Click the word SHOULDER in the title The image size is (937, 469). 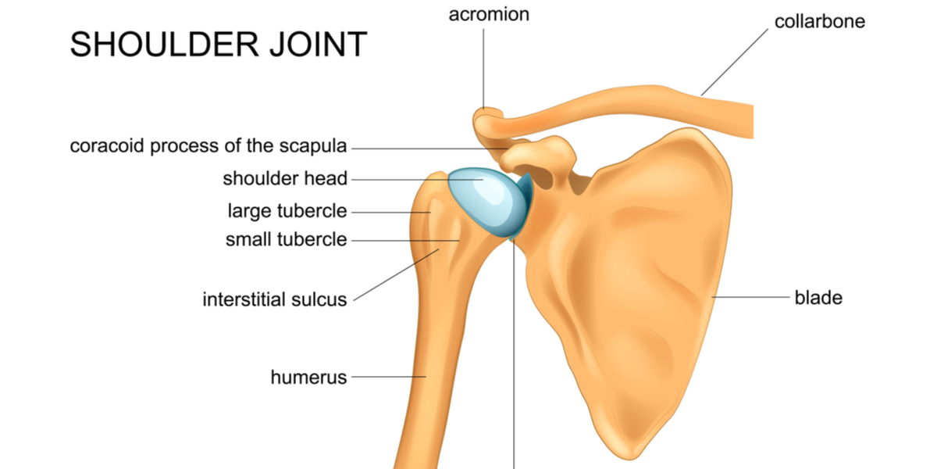coord(165,44)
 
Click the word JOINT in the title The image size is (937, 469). coord(319,44)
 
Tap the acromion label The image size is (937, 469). coord(489,15)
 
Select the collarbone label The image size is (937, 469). coord(820,21)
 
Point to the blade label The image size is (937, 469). coord(818,298)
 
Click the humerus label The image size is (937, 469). coord(308,378)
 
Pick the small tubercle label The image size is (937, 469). coord(286,239)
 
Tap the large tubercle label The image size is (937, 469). coord(287,210)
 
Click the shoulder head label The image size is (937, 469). coord(285,178)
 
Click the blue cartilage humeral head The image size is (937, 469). coord(487,201)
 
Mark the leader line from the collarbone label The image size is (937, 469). coord(735,62)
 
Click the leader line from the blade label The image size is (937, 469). coord(751,297)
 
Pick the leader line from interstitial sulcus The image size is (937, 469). coord(396,275)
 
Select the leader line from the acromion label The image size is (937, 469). coord(483,69)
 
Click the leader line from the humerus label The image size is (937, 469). coord(389,377)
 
